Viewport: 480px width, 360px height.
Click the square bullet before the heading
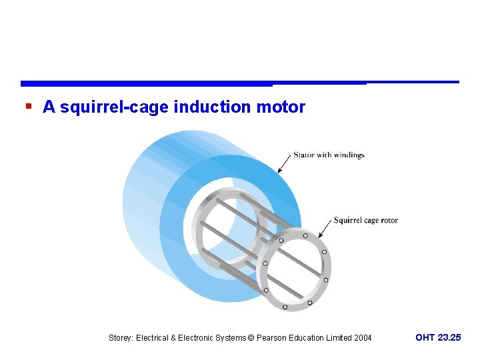27,107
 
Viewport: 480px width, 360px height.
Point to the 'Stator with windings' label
329,155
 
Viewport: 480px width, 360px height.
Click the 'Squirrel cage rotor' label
365,221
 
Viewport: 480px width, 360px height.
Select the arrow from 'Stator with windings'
285,164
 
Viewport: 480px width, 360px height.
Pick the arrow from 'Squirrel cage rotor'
325,229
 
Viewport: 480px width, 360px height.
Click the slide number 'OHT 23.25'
438,338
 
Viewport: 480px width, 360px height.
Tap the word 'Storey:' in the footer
121,338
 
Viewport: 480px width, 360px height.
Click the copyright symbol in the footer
251,338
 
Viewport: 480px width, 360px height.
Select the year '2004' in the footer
363,338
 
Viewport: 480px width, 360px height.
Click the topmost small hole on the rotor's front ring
305,235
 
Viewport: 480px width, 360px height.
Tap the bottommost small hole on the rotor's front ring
285,307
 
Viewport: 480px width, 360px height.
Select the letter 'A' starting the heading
49,107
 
